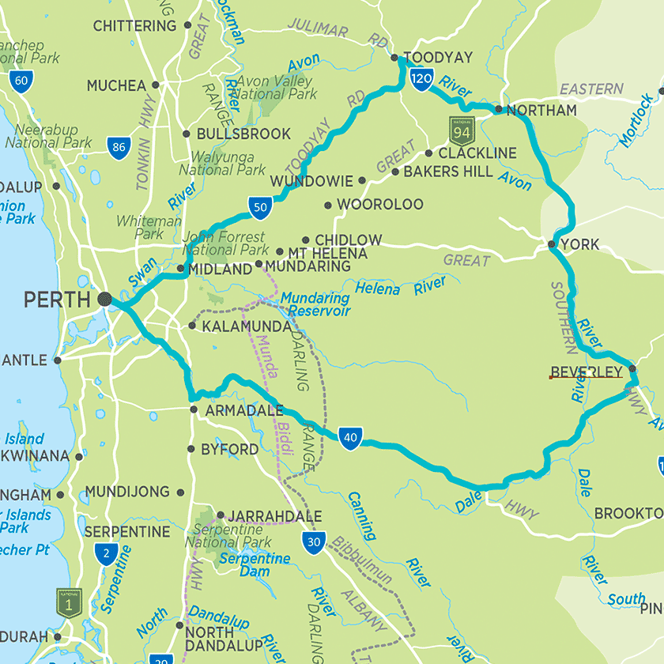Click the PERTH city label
coord(58,300)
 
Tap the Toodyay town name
coord(438,58)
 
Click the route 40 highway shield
coord(351,437)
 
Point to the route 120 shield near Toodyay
coord(422,77)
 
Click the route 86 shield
coord(119,147)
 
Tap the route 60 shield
coord(22,80)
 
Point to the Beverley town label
coord(586,372)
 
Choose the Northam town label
coord(541,111)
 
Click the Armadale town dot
coord(194,409)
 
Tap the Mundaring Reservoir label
coord(315,305)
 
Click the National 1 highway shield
coord(69,602)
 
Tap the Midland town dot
coord(181,269)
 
